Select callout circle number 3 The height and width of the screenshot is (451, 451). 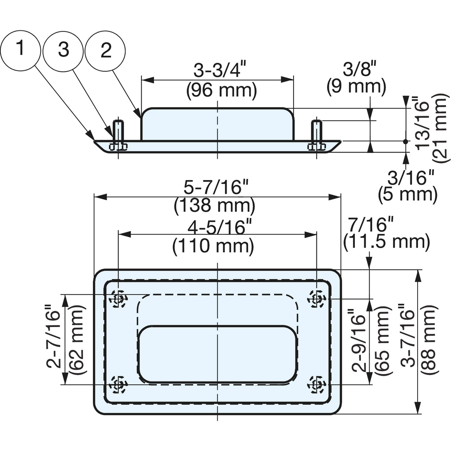[63, 50]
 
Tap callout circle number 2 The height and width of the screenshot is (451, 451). [105, 50]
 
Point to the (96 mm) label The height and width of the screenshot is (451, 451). [221, 91]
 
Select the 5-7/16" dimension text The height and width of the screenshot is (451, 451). [216, 187]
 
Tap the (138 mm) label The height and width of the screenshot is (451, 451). [214, 206]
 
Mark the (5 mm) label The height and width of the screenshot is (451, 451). [408, 194]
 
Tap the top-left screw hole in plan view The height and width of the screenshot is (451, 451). [118, 299]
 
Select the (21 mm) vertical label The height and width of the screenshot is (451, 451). [440, 127]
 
